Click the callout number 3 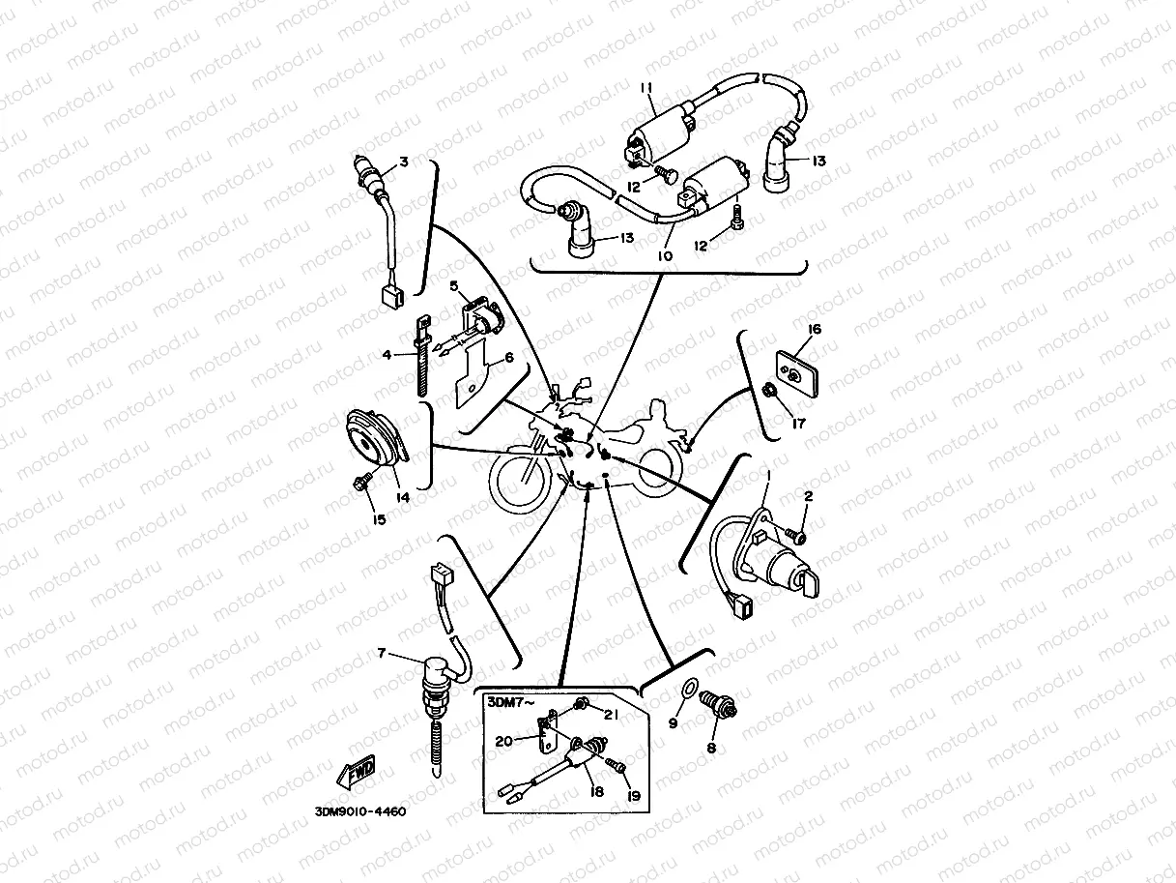404,162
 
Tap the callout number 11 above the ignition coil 647,89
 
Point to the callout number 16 815,330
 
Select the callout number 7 383,655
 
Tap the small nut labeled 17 769,390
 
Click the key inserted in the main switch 808,581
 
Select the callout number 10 665,256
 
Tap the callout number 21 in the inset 611,715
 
